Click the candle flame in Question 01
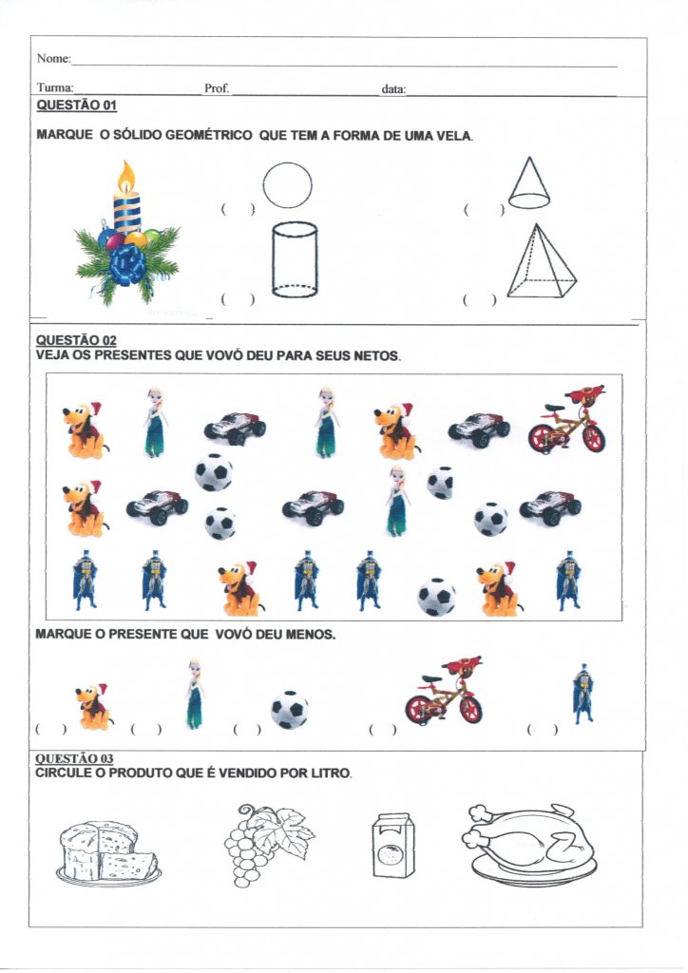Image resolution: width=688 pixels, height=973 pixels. coord(126,177)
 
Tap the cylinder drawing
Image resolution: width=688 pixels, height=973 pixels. coord(295,259)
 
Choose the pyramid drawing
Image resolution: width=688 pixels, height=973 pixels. coord(541,261)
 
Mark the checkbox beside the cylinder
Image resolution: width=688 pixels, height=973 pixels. coord(238,299)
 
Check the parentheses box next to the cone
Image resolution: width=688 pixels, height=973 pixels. coord(484,210)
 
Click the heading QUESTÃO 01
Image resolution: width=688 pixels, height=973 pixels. coord(76,105)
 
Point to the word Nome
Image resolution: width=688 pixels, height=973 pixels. coord(53,58)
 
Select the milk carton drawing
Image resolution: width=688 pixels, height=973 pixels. coord(393,845)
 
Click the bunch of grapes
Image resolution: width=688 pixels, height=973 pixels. coord(267,844)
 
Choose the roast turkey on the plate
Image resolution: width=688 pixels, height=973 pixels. coord(529,845)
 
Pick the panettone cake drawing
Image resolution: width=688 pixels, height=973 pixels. coord(108,851)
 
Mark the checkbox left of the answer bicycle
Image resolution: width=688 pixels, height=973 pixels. coord(382,730)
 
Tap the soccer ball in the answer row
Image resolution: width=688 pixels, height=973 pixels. coord(290,709)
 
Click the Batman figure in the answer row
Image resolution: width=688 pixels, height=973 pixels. coord(583,694)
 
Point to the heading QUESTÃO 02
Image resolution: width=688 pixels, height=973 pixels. coord(76,340)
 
